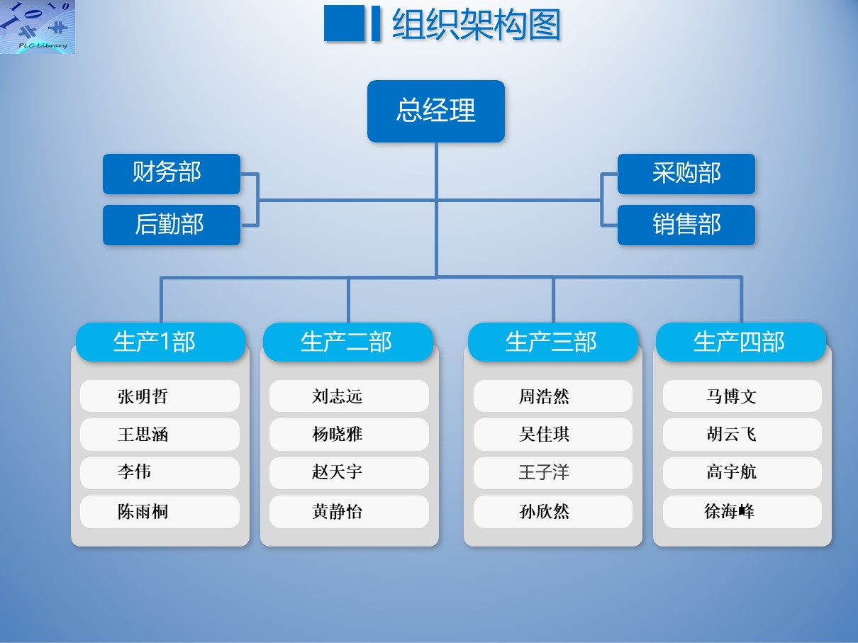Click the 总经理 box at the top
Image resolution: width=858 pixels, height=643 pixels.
tap(436, 111)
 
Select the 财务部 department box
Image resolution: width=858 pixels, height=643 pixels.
tap(172, 174)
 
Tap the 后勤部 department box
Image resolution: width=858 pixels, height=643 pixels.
tap(172, 225)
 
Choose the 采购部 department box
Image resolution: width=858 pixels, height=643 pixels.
tap(686, 174)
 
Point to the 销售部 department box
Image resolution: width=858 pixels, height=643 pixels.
tap(686, 225)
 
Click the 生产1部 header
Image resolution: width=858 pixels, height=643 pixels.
tap(161, 342)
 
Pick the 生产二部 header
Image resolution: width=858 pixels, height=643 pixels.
tap(348, 342)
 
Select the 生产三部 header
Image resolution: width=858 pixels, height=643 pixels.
tap(552, 342)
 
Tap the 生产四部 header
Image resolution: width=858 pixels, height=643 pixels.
tap(741, 342)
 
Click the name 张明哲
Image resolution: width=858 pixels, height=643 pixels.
tap(143, 396)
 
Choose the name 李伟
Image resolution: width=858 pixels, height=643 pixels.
tap(134, 471)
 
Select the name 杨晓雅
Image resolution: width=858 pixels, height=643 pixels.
tap(337, 434)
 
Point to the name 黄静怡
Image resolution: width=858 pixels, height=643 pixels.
tap(337, 511)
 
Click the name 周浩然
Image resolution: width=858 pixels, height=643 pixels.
tap(544, 396)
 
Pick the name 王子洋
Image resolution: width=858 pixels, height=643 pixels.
tap(544, 471)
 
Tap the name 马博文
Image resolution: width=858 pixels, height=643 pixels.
tap(731, 396)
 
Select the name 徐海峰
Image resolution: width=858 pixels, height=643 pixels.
tap(730, 511)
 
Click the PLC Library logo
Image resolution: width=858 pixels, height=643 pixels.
tap(38, 27)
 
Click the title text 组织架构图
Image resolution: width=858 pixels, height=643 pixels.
tap(477, 25)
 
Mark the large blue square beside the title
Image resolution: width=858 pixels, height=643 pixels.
tap(345, 23)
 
